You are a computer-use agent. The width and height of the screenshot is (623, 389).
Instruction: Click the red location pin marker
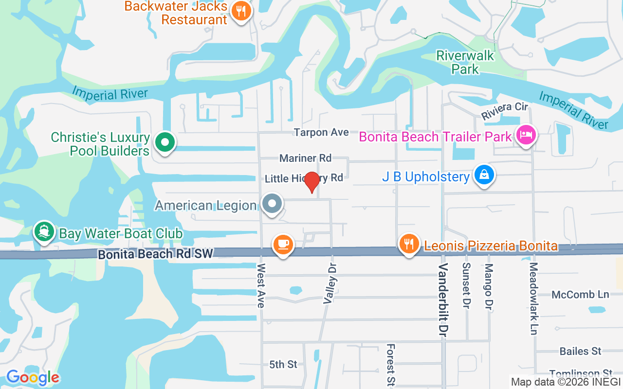click(x=311, y=182)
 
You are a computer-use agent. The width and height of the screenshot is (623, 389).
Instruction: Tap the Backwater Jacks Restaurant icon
click(x=240, y=11)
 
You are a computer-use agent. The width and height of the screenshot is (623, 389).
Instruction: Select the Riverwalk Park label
click(x=465, y=62)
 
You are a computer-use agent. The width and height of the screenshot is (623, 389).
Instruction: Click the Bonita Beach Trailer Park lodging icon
click(x=526, y=135)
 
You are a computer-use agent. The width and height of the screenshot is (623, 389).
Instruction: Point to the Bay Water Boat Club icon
click(x=44, y=232)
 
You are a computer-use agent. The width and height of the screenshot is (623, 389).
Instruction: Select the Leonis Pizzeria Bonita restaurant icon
click(x=409, y=244)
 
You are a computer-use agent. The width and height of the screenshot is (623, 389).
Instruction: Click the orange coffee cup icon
click(x=283, y=244)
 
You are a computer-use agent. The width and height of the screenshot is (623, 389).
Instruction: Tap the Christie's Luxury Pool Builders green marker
click(x=165, y=143)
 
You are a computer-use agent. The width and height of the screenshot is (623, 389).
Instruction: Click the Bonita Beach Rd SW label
click(x=155, y=254)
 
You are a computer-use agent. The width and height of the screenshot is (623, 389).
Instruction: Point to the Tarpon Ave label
click(x=321, y=132)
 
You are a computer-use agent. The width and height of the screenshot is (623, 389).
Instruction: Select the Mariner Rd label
click(x=305, y=158)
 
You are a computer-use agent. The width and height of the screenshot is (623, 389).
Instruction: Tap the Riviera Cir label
click(x=505, y=111)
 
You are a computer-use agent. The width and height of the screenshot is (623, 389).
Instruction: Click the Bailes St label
click(x=580, y=351)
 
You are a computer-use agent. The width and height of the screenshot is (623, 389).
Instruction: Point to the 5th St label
click(x=283, y=364)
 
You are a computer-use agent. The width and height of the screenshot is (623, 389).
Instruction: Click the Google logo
click(x=33, y=377)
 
